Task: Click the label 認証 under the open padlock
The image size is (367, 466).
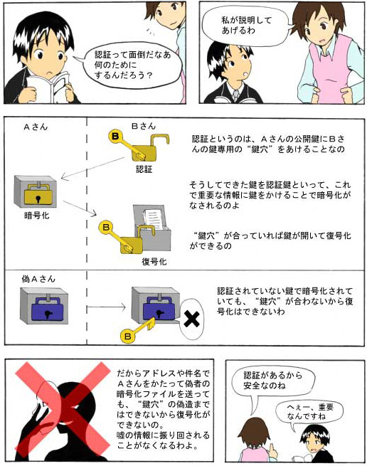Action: click(144, 169)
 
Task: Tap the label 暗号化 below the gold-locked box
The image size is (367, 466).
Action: click(37, 215)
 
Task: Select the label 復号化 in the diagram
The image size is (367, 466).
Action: click(154, 262)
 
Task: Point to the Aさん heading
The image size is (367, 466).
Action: click(36, 127)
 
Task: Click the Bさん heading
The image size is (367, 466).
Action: click(144, 127)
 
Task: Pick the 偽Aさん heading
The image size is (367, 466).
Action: click(38, 279)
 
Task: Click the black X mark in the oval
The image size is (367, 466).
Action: click(191, 319)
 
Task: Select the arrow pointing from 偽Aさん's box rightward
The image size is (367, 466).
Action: click(106, 307)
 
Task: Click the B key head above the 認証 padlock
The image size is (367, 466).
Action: click(115, 137)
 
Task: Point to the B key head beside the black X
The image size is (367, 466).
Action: click(128, 336)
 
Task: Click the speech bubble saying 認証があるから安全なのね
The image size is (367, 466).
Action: click(273, 381)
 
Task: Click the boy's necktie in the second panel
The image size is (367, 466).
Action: click(235, 95)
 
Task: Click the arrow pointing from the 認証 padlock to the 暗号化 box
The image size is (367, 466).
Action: click(92, 168)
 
